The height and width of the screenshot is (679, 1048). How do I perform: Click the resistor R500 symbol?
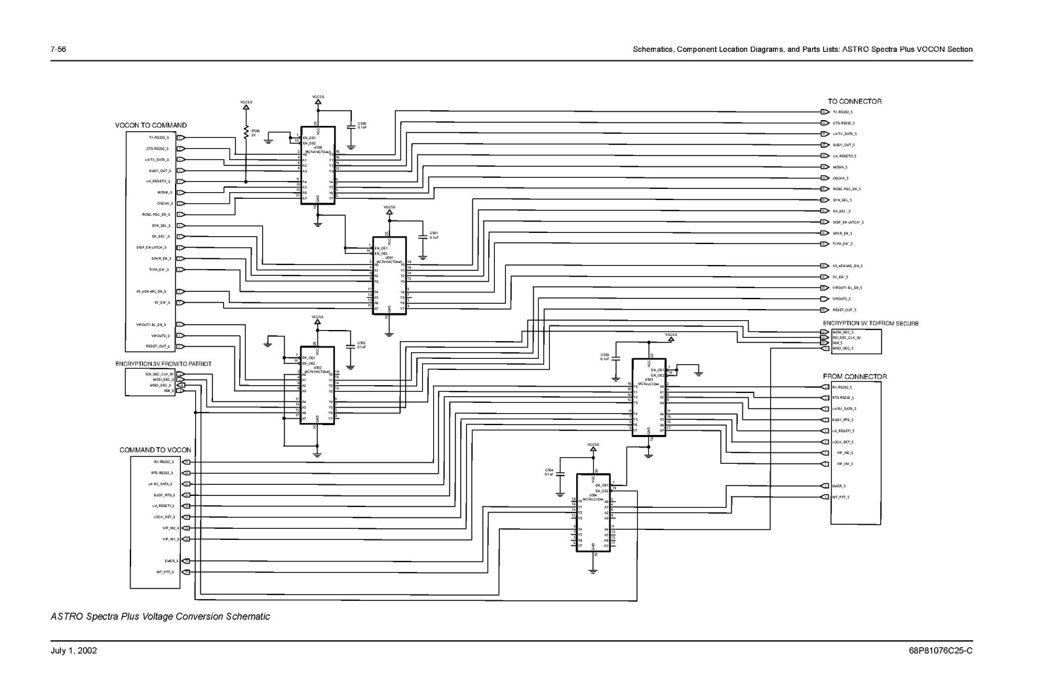tap(246, 133)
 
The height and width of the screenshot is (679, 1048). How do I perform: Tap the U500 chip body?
tap(318, 165)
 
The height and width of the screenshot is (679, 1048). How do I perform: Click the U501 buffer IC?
tap(389, 276)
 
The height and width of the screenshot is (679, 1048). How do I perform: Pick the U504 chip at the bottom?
tap(592, 512)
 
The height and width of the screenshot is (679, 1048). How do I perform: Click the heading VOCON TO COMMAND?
tap(151, 125)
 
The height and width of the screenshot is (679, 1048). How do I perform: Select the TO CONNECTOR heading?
tap(855, 102)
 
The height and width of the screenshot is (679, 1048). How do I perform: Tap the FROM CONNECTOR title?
tap(855, 377)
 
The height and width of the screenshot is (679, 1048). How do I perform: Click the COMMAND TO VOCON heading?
tap(155, 450)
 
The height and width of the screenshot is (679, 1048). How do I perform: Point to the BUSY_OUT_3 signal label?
tap(159, 171)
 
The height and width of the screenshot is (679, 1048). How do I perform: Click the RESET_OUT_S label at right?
tap(844, 310)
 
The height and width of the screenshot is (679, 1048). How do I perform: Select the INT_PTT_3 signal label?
tap(165, 572)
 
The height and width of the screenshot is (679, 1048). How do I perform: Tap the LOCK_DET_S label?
tap(842, 442)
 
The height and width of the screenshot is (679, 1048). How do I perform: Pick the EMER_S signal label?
tap(839, 486)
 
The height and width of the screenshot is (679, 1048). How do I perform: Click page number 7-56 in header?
tap(58, 50)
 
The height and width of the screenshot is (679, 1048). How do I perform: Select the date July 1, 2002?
tap(74, 651)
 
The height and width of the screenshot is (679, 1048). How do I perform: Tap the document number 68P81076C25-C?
tap(941, 651)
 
